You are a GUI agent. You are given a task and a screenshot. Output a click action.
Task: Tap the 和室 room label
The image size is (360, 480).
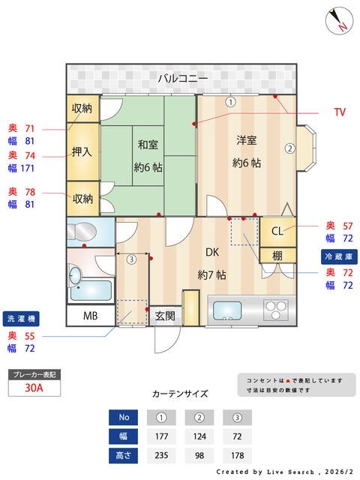coord(146,142)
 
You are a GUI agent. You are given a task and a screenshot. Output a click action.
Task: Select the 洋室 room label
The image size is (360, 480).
coord(247,140)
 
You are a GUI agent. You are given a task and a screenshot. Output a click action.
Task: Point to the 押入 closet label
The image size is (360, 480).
coord(82,151)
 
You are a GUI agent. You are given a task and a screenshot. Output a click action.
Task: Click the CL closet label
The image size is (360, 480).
coord(277,230)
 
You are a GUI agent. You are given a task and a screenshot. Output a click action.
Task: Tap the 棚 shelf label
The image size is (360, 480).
coord(277,256)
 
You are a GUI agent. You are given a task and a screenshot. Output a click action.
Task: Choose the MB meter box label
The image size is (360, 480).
coord(90,316)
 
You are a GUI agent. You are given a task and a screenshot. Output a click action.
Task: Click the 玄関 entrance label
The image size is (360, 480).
coord(164,316)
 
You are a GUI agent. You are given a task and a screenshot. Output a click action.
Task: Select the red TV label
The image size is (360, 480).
coord(340,112)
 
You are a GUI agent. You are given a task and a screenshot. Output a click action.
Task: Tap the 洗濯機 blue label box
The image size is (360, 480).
coord(21,316)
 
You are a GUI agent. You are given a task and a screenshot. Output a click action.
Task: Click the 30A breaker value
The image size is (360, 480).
coord(33,388)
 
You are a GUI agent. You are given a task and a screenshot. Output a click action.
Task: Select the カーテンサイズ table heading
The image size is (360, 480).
coord(179,393)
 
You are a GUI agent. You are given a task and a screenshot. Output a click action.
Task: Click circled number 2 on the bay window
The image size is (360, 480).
coord(289,148)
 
